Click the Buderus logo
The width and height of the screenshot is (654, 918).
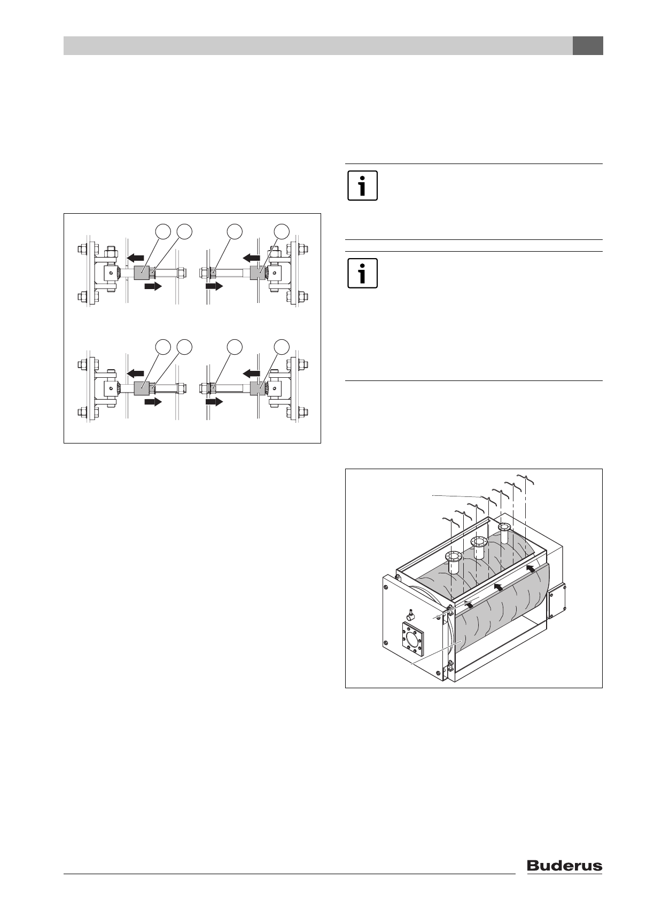click(564, 866)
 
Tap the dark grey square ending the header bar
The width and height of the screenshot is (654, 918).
click(588, 46)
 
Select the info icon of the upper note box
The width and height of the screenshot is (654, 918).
click(362, 186)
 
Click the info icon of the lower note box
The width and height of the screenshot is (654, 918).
click(362, 274)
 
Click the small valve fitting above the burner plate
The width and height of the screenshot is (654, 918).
click(410, 616)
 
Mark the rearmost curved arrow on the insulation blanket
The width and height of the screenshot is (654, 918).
click(531, 570)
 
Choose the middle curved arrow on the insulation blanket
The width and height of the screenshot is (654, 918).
click(498, 586)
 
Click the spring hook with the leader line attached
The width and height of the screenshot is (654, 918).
click(487, 500)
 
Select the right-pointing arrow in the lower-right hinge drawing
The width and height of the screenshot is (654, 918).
click(214, 402)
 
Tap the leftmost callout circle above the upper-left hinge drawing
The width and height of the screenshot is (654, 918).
click(163, 231)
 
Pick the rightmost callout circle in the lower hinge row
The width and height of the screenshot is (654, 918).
click(282, 347)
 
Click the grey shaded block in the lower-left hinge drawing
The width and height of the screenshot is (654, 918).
click(142, 388)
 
